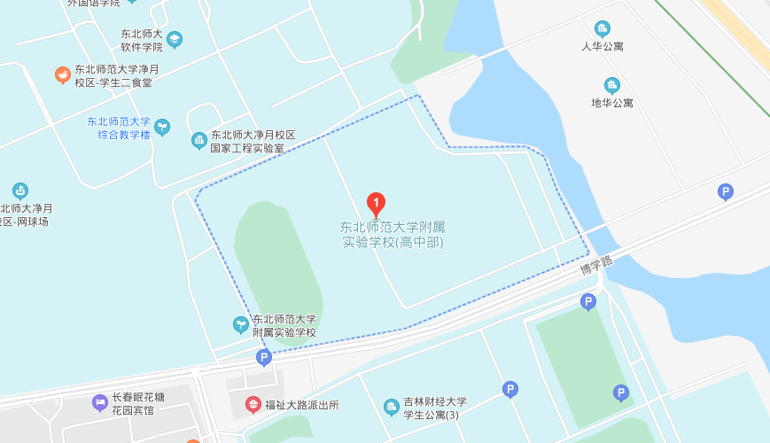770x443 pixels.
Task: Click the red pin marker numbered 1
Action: pos(376,205)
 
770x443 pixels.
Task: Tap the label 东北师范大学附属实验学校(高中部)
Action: pos(392,235)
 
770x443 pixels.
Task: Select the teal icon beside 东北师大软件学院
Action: pos(175,39)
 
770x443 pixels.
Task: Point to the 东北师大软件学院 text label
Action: pos(142,40)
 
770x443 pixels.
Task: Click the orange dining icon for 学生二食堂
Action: pos(62,75)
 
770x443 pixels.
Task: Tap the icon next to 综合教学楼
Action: pos(162,128)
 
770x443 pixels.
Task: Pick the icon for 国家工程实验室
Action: pos(199,140)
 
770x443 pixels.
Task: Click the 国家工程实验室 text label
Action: pos(253,142)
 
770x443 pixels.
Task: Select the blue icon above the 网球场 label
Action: pos(19,190)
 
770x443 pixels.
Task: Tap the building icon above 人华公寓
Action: pos(603,28)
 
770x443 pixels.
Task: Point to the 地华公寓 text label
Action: pos(612,103)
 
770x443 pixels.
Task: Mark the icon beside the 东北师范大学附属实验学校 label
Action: pos(240,325)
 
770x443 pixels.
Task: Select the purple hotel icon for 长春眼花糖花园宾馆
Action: pos(100,404)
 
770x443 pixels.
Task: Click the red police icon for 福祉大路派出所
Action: pos(253,405)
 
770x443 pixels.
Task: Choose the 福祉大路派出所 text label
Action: pos(303,405)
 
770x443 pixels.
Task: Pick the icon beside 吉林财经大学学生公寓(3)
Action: pos(391,408)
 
